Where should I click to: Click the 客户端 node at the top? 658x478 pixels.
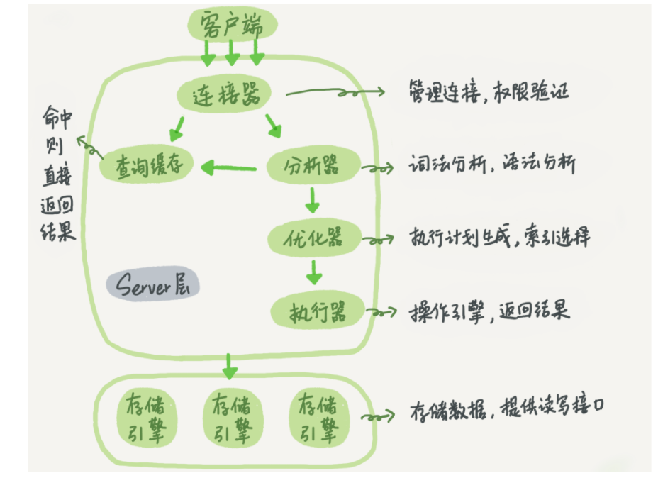232,24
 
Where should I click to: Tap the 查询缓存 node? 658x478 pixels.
147,165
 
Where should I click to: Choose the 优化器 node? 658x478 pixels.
314,238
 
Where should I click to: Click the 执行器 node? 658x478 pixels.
317,311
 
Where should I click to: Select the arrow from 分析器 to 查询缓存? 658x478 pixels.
229,168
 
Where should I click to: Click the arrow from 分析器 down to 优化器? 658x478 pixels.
312,200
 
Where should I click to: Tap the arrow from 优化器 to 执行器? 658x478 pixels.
314,272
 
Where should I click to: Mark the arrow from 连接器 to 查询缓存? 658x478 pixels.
177,129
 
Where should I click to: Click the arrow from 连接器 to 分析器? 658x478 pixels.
273,126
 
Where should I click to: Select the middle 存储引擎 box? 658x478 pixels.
232,418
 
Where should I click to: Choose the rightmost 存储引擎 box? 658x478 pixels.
319,418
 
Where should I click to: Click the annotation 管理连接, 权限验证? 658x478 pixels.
489,91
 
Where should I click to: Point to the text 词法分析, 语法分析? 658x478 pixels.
492,163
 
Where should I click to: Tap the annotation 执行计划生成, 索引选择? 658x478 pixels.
499,237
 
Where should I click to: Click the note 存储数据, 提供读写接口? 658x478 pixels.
507,408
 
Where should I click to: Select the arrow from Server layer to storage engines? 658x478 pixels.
229,367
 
